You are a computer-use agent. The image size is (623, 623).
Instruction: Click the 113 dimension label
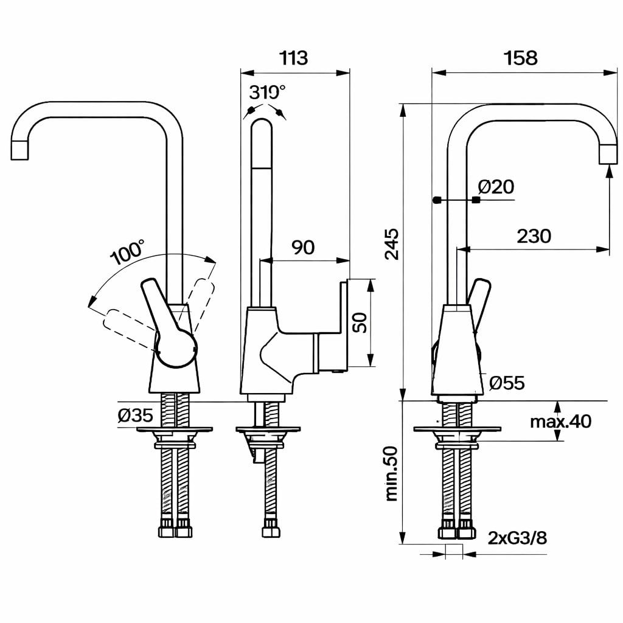pyautogui.click(x=294, y=58)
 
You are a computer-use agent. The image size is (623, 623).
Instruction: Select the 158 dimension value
pyautogui.click(x=521, y=58)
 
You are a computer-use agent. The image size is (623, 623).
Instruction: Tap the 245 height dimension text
pyautogui.click(x=392, y=244)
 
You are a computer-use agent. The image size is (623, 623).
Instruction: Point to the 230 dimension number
pyautogui.click(x=534, y=235)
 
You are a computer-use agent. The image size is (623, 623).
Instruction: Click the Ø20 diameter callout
pyautogui.click(x=496, y=187)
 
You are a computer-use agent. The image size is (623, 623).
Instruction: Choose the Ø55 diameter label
pyautogui.click(x=507, y=383)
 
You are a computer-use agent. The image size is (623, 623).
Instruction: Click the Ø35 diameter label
pyautogui.click(x=135, y=416)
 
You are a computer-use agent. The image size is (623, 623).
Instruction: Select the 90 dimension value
pyautogui.click(x=303, y=247)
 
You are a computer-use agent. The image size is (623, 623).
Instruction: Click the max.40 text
pyautogui.click(x=560, y=421)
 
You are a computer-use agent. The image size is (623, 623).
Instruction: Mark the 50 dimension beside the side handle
pyautogui.click(x=360, y=322)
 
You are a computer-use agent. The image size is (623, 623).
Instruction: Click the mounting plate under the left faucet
pyautogui.click(x=175, y=430)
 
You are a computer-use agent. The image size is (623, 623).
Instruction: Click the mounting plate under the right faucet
pyautogui.click(x=457, y=429)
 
